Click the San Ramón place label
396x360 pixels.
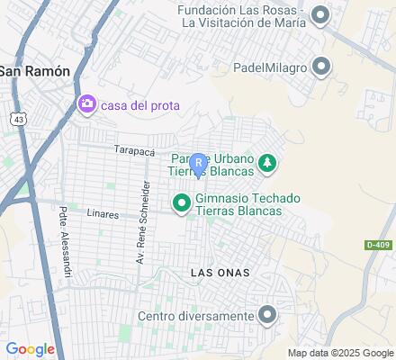point(35,71)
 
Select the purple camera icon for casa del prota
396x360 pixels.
point(87,105)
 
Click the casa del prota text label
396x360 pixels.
point(139,105)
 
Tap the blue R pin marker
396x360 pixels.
point(198,162)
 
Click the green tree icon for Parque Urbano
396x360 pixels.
point(266,162)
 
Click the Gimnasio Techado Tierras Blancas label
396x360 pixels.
point(238,203)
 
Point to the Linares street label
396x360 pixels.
point(104,215)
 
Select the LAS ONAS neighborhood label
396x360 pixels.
point(220,272)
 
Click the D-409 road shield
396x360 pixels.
point(379,244)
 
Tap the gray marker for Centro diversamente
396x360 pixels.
point(266,315)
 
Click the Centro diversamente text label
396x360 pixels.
point(195,316)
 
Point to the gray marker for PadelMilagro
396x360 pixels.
point(321,66)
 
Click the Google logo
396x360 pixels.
point(30,349)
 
